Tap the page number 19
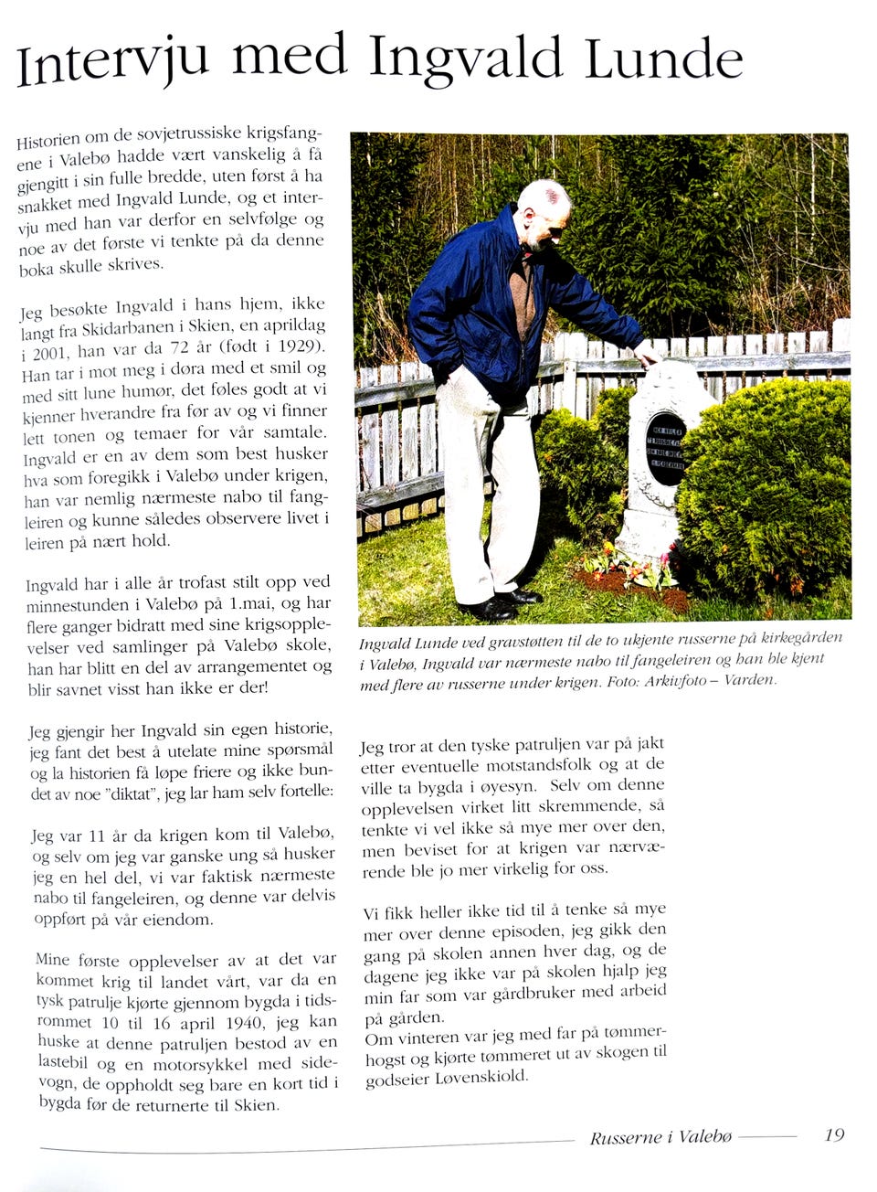[833, 1134]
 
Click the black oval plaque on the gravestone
[665, 448]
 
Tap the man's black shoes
[498, 604]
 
